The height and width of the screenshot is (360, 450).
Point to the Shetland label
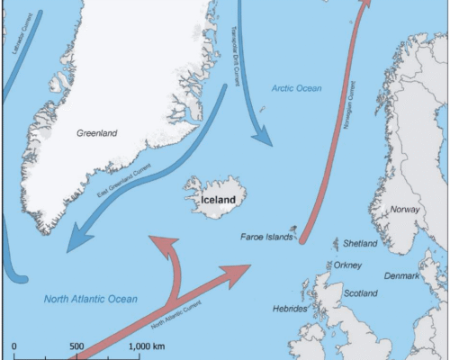(x=360, y=243)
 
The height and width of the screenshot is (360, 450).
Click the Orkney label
(x=346, y=265)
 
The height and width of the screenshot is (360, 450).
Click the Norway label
(x=405, y=210)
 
